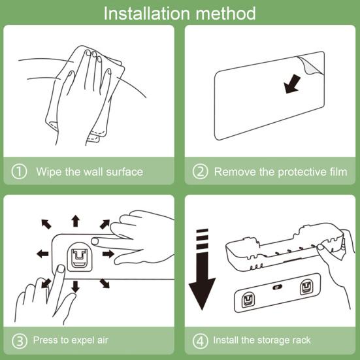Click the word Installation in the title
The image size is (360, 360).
click(147, 13)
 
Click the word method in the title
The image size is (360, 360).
click(225, 13)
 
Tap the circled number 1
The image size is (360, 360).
click(19, 171)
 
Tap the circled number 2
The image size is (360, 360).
click(200, 171)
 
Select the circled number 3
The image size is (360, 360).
click(20, 340)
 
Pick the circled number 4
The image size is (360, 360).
click(200, 340)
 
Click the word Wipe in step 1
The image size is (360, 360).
click(48, 172)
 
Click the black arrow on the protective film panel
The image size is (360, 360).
click(291, 84)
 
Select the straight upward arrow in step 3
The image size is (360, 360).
click(75, 221)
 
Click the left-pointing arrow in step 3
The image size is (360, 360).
click(42, 254)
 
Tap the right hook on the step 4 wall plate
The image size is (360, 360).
click(306, 287)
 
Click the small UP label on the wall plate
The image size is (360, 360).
click(277, 287)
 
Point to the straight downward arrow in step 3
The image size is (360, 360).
click(75, 287)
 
